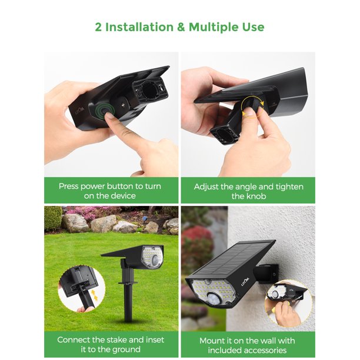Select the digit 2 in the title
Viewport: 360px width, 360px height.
(x=98, y=27)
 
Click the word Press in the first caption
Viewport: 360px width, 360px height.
(x=71, y=186)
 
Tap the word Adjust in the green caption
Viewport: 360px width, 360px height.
(x=207, y=186)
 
